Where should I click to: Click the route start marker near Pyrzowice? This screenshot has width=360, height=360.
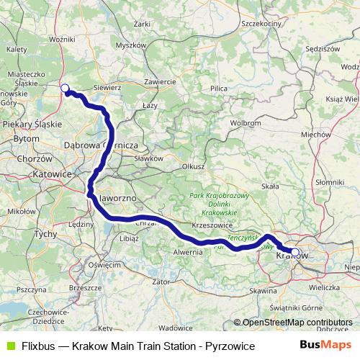coord(65,89)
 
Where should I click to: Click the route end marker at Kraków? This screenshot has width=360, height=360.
coord(294,252)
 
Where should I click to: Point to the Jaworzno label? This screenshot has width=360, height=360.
coord(117,197)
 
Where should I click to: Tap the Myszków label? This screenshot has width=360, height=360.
coord(130,45)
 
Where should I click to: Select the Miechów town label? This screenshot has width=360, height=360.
coord(316,134)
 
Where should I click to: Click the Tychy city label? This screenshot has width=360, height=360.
coord(45,235)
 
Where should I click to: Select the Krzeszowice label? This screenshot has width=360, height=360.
coord(211,225)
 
